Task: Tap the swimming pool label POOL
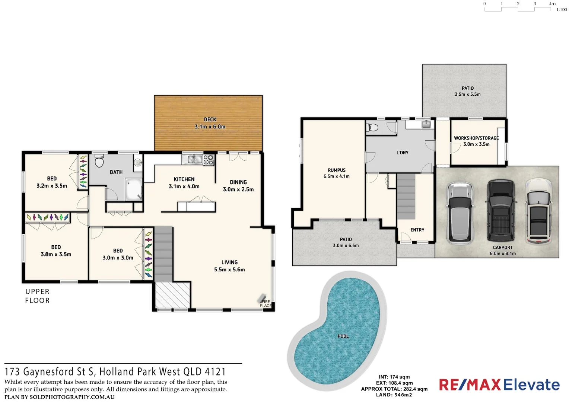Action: coord(343,336)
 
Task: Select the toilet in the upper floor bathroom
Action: coord(99,161)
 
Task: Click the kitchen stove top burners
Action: coord(209,160)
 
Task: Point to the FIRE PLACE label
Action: coord(266,304)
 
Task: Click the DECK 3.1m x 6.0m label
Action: coord(210,123)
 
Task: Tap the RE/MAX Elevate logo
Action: coord(499,385)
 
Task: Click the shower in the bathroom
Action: coord(134,189)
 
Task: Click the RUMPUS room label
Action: coord(337,173)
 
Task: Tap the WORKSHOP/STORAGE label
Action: coord(476,141)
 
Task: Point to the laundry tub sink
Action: coord(426,124)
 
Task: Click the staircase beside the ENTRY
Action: coord(406,196)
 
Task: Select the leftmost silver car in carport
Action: coord(460,212)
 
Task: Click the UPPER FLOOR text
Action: coord(37,296)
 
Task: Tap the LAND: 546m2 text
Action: coord(394,395)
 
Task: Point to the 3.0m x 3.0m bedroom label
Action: coord(118,254)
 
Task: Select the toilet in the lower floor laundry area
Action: coord(372,128)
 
